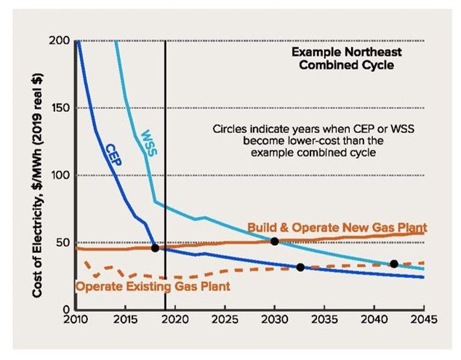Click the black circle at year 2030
(274, 241)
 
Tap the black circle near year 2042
(393, 263)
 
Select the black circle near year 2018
(155, 248)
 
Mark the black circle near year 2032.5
(300, 267)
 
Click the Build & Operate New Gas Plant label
(337, 228)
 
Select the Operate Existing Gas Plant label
(153, 287)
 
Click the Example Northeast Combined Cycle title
(346, 59)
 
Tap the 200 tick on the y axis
(59, 41)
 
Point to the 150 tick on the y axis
(59, 108)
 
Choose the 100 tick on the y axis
(59, 175)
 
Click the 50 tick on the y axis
(62, 243)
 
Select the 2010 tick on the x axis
(75, 319)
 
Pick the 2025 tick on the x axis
(224, 319)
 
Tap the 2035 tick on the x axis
(324, 319)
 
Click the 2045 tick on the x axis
(423, 319)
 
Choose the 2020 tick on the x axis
(175, 319)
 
